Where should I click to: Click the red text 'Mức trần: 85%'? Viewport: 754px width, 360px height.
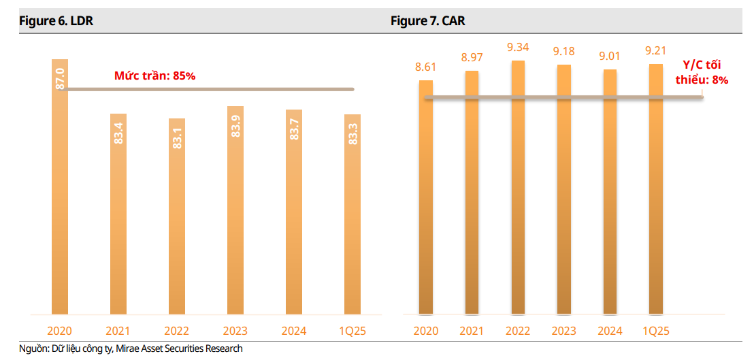154,76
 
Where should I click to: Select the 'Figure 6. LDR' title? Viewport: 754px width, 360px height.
56,21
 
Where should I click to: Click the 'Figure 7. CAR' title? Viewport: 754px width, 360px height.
428,21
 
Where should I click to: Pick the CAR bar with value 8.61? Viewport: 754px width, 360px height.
426,197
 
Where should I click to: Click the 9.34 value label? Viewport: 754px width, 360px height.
518,48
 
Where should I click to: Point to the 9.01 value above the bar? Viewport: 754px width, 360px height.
610,56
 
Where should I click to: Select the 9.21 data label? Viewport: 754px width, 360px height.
656,50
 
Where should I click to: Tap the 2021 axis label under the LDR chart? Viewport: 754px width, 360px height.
118,331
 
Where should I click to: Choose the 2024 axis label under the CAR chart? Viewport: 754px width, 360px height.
610,331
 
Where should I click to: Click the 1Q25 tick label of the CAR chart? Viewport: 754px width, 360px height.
656,331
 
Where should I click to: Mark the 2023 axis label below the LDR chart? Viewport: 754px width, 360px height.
235,331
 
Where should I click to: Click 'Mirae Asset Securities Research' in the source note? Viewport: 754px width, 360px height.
179,349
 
